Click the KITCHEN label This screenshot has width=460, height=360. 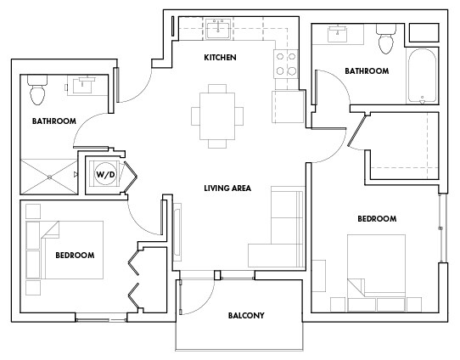(219, 58)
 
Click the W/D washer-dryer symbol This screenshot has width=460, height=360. (105, 176)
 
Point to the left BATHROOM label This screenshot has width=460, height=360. (53, 121)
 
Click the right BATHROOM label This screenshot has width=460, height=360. (367, 71)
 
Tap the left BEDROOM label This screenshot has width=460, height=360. (75, 255)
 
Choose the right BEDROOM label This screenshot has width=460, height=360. (377, 219)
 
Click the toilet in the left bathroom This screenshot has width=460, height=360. (38, 85)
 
